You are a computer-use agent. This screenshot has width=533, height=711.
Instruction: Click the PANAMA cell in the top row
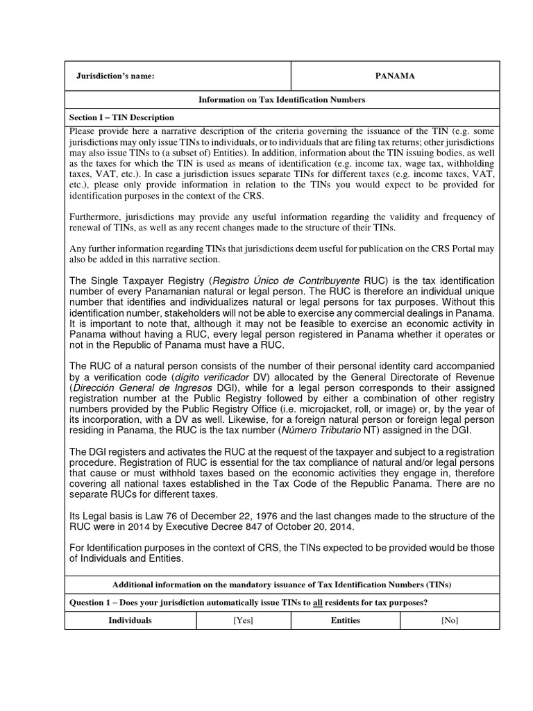point(395,76)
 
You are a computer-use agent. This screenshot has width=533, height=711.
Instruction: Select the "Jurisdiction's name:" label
point(115,76)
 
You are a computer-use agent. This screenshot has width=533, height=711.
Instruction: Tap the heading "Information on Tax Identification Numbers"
point(282,100)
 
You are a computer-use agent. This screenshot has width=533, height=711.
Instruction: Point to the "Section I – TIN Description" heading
point(122,117)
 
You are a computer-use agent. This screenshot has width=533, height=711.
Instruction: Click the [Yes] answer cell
point(243,620)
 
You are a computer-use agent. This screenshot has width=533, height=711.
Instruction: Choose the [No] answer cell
point(450,620)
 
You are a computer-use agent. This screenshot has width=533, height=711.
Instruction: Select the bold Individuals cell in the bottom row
point(130,620)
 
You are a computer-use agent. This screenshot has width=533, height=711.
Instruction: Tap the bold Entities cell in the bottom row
point(345,620)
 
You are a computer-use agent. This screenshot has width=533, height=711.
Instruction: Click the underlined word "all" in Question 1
point(319,602)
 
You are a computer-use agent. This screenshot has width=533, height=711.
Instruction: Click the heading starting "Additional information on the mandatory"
point(282,583)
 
